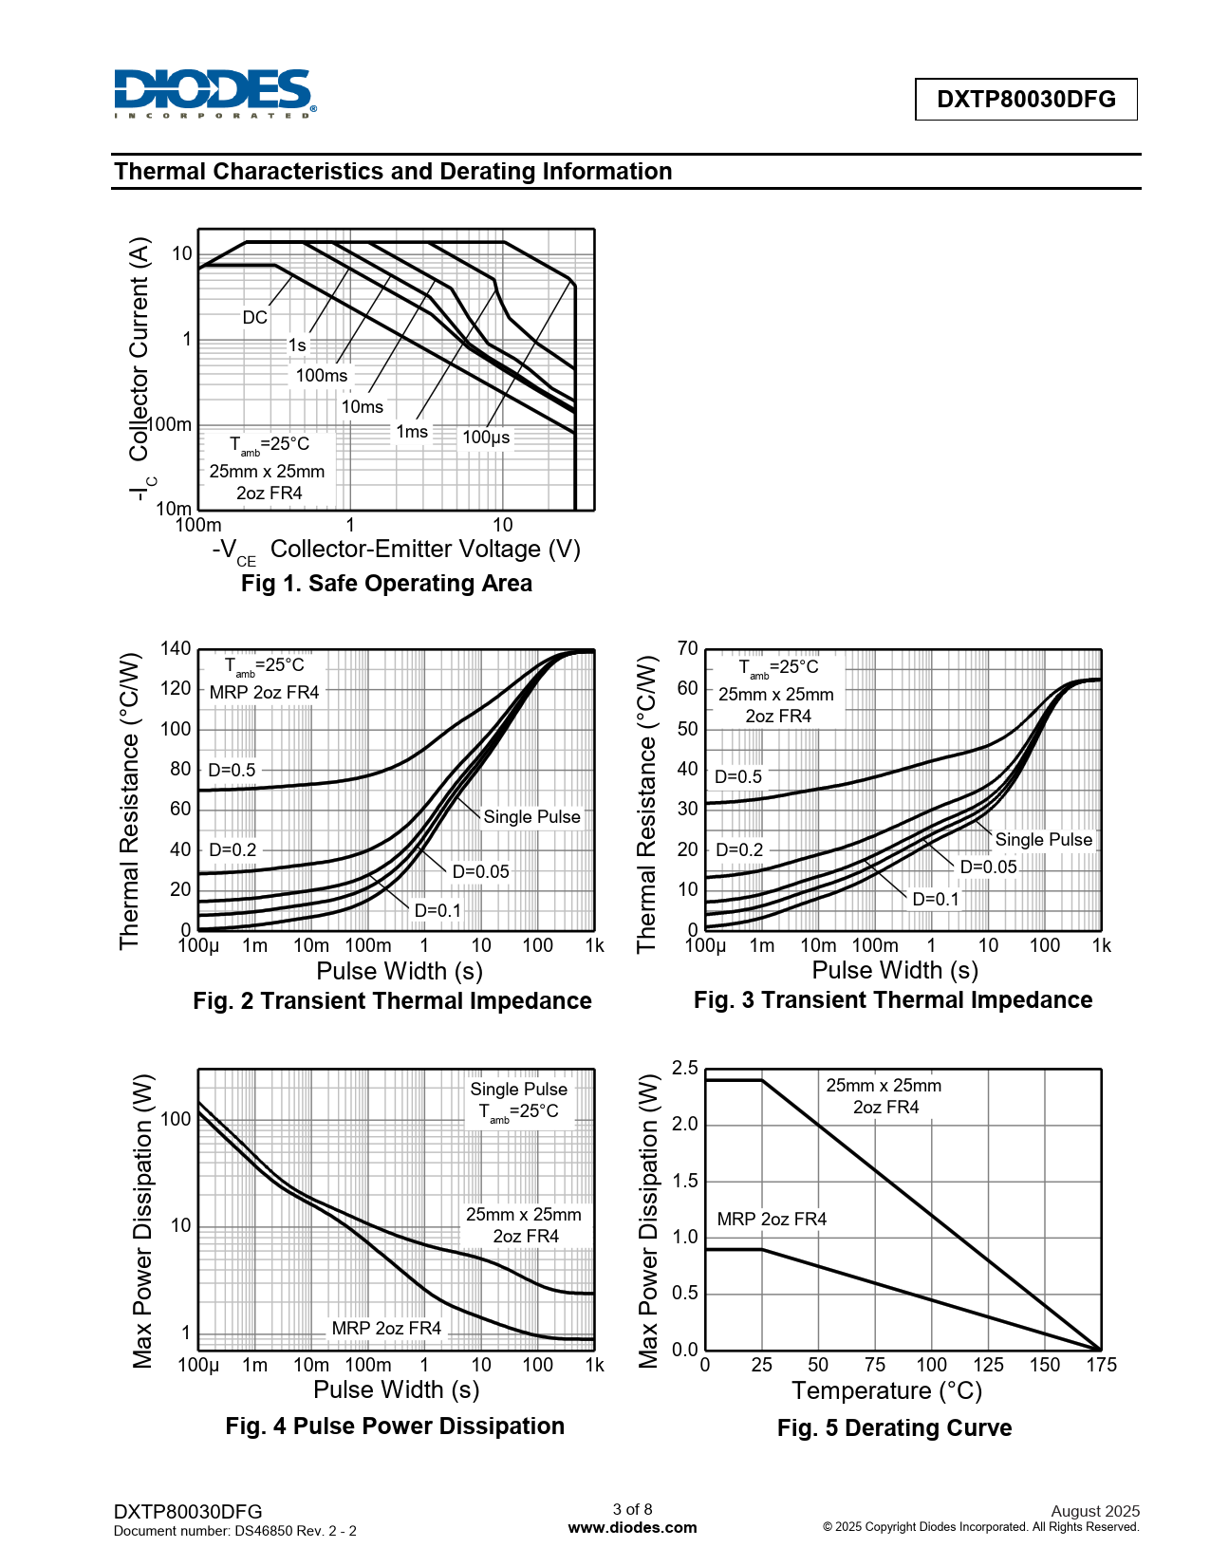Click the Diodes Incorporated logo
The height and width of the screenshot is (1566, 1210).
[x=214, y=93]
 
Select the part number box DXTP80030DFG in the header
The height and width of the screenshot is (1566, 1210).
[x=1026, y=100]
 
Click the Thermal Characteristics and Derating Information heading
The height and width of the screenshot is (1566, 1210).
[x=393, y=172]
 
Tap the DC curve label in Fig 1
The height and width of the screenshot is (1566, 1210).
[x=254, y=318]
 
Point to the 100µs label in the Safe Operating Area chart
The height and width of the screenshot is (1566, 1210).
[x=486, y=438]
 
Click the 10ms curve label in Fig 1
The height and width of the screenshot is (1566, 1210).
[x=363, y=407]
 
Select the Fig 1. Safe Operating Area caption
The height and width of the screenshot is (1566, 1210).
[x=386, y=584]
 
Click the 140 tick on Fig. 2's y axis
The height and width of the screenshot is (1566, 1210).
[x=176, y=649]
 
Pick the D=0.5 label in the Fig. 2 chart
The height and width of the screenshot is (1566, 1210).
[x=232, y=770]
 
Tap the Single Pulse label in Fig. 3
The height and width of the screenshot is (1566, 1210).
[x=1043, y=840]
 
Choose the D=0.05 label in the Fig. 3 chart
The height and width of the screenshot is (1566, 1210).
[x=988, y=867]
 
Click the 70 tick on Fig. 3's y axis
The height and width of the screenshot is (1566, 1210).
[x=687, y=649]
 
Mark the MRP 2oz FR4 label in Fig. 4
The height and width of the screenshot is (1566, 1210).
[x=386, y=1329]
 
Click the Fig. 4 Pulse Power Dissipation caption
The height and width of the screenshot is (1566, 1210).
[x=395, y=1426]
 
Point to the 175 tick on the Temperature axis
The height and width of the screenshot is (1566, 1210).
[x=1101, y=1365]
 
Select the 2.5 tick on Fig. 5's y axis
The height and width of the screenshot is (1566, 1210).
[x=684, y=1069]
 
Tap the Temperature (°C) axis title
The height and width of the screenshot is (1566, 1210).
[x=886, y=1391]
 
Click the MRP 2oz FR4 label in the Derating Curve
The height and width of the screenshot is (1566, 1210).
[x=772, y=1220]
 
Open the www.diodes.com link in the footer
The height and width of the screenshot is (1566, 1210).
[x=632, y=1528]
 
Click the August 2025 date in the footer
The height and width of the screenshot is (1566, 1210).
[x=1095, y=1511]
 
